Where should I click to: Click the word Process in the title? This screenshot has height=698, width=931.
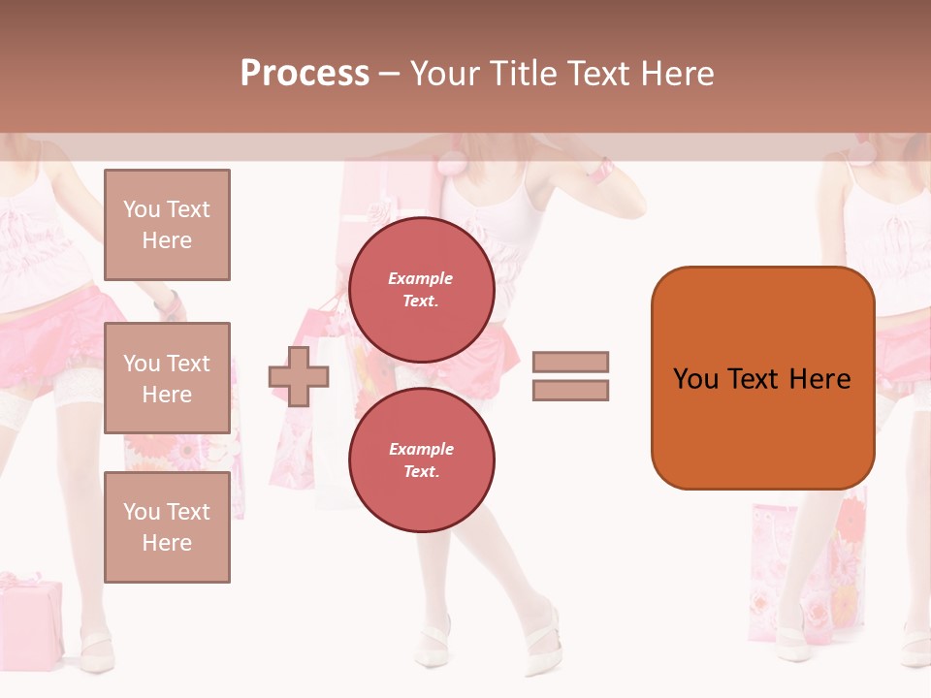(x=305, y=74)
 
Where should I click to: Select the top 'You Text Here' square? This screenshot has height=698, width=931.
(x=167, y=225)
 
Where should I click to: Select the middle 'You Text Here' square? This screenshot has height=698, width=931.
(x=167, y=378)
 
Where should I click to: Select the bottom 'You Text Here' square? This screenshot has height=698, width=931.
(x=167, y=527)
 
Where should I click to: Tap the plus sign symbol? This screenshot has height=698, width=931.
(x=299, y=376)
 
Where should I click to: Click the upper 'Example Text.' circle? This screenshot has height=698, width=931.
(x=421, y=289)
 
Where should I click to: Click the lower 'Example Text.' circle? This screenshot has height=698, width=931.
(x=421, y=460)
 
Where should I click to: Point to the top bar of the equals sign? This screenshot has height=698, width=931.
(x=570, y=363)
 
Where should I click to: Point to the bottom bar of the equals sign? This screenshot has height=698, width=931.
(x=570, y=391)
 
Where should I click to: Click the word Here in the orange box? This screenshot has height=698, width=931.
(x=819, y=379)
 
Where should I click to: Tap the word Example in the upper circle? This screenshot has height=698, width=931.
(x=421, y=278)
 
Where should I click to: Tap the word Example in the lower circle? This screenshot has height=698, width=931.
(x=421, y=449)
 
